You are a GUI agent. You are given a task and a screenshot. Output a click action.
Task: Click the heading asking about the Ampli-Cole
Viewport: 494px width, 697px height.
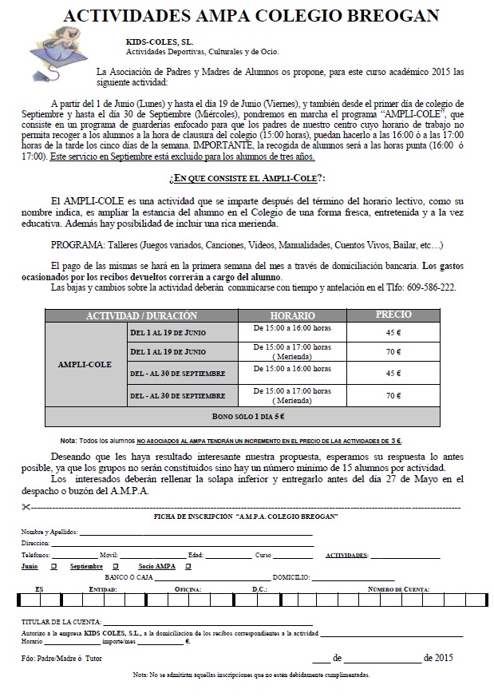point(247,176)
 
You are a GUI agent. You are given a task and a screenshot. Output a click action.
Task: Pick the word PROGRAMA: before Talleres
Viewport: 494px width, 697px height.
point(75,245)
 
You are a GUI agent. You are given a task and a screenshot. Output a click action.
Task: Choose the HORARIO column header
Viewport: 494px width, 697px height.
point(292,316)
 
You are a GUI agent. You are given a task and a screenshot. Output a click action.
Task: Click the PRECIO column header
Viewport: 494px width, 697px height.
point(393,315)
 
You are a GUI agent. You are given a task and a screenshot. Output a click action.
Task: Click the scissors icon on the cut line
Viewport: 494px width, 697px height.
point(28,508)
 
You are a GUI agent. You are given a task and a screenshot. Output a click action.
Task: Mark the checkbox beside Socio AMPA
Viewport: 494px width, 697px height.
point(187,567)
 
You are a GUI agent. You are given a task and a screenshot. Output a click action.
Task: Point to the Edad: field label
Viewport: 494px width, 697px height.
point(196,555)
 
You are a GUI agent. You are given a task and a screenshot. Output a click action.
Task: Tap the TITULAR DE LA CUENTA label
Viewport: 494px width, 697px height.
point(61,620)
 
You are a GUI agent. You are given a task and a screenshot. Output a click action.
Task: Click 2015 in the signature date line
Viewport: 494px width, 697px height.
point(438,658)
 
